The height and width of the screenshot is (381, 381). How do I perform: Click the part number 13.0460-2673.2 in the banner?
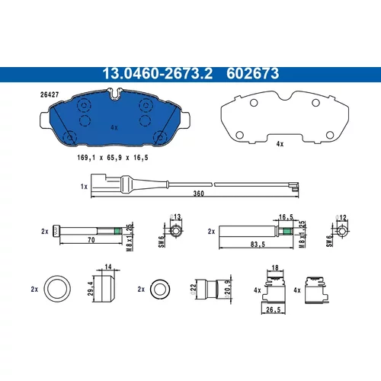click(x=157, y=74)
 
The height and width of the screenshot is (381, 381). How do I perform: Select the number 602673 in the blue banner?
click(x=253, y=74)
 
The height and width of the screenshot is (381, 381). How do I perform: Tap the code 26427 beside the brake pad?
click(x=50, y=94)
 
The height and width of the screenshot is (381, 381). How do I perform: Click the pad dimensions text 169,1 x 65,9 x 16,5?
click(x=113, y=158)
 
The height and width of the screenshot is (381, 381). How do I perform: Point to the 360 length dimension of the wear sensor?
click(x=198, y=194)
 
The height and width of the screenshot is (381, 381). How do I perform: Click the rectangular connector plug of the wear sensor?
click(x=98, y=182)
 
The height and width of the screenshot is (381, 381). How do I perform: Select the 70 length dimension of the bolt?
click(x=91, y=240)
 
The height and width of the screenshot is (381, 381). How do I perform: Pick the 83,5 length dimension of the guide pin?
click(x=258, y=245)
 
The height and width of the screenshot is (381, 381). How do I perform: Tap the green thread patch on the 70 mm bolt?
click(x=117, y=231)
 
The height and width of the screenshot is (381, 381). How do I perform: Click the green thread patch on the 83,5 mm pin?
click(x=287, y=231)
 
